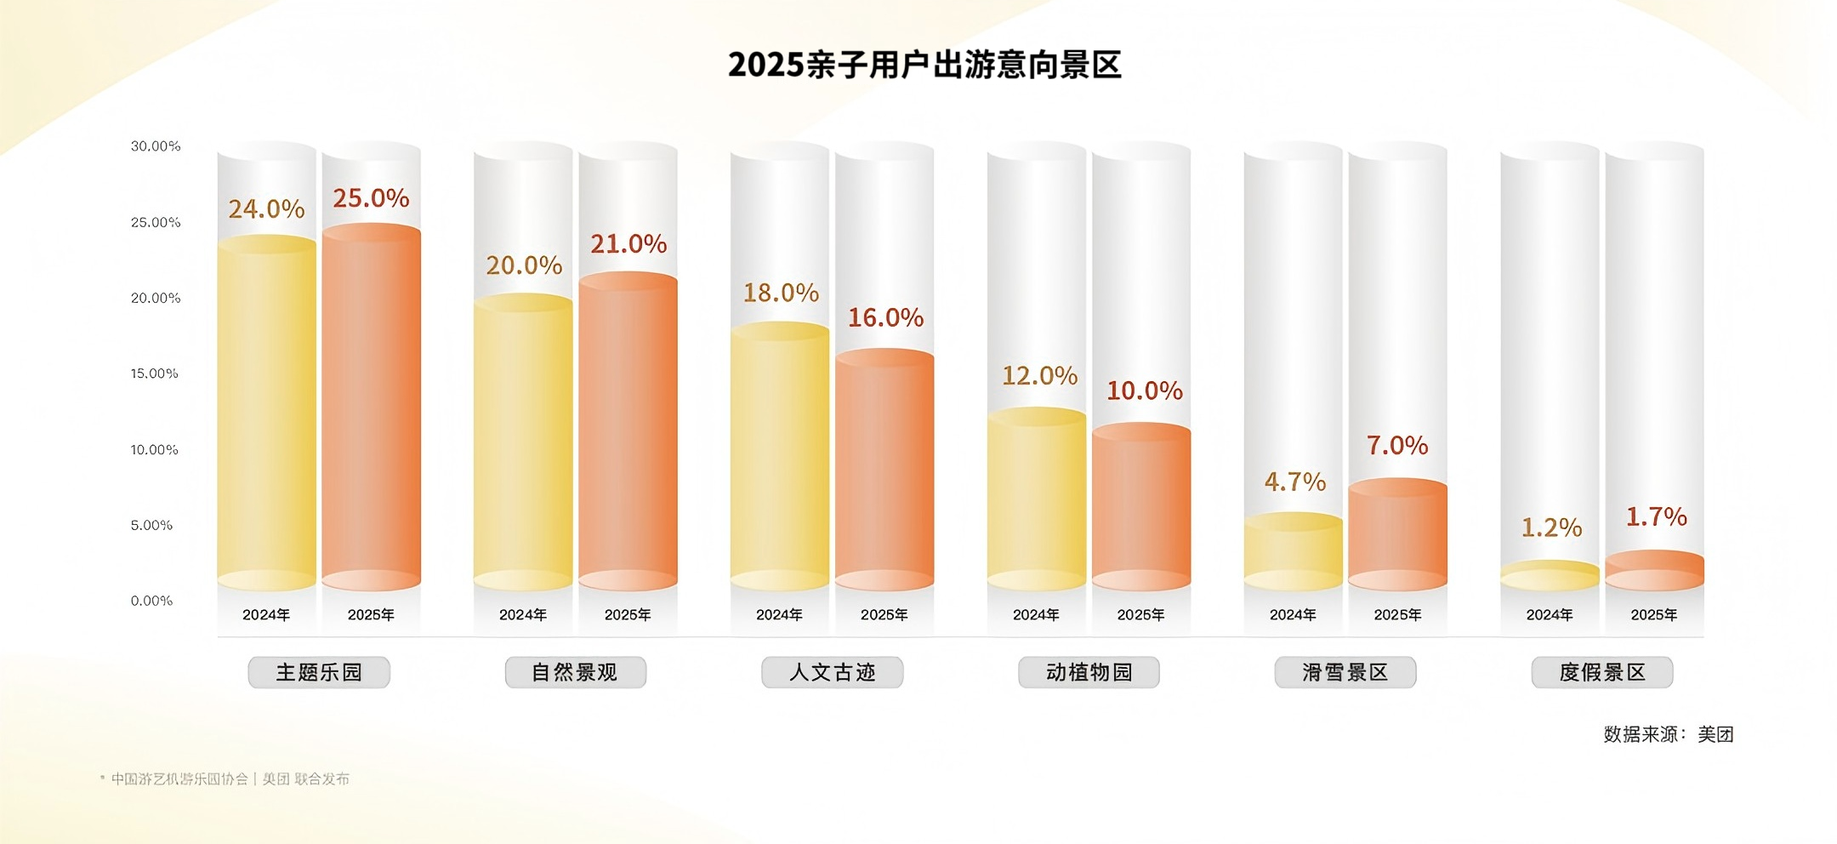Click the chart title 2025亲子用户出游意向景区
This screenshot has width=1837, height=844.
click(x=924, y=65)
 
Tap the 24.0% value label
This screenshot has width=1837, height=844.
click(x=266, y=208)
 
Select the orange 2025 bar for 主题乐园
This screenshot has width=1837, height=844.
click(x=371, y=408)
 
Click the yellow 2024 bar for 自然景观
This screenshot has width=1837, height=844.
click(x=523, y=442)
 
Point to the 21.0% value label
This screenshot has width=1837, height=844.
click(x=628, y=244)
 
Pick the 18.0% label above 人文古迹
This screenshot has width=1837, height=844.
click(x=781, y=293)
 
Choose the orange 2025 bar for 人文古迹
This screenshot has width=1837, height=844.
click(x=884, y=468)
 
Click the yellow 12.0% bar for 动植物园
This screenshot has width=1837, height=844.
click(x=1037, y=498)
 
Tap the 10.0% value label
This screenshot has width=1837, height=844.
click(x=1144, y=391)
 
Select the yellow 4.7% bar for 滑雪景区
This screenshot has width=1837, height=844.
click(x=1293, y=551)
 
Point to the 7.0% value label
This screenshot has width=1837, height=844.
click(x=1397, y=445)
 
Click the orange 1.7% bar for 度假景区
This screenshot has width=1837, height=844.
click(x=1654, y=571)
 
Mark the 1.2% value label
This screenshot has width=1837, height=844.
click(x=1551, y=527)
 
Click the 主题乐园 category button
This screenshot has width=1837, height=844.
click(x=319, y=672)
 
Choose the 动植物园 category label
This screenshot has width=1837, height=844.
click(x=1089, y=672)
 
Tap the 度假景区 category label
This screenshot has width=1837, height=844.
click(x=1602, y=672)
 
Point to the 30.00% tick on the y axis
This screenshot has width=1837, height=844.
click(x=156, y=146)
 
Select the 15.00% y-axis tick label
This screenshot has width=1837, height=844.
click(x=155, y=374)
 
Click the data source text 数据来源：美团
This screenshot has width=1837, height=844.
click(x=1668, y=734)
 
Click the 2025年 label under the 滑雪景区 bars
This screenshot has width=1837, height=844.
click(x=1397, y=614)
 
